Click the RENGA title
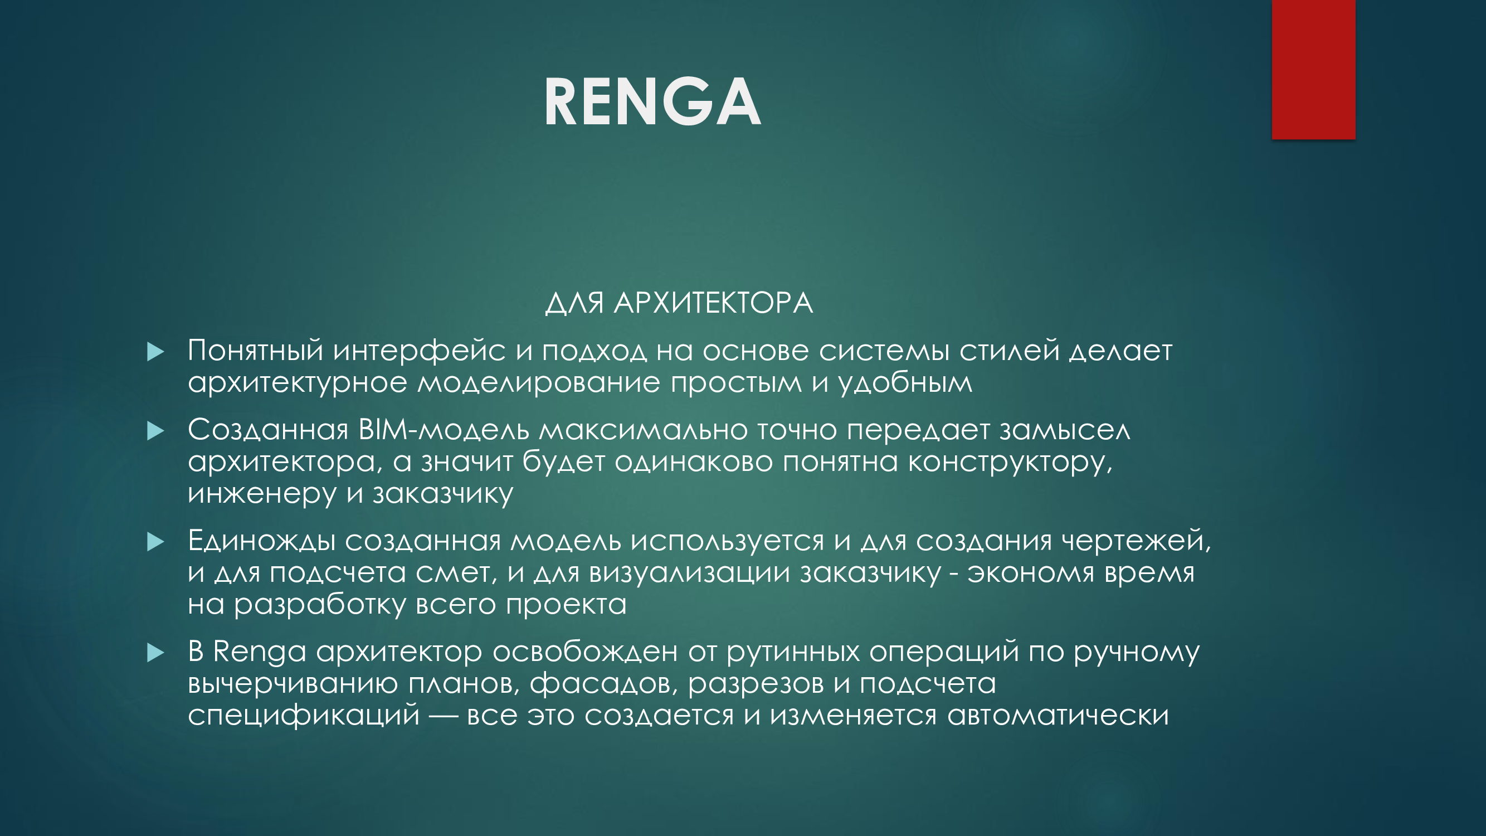(x=652, y=101)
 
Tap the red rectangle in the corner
(x=1313, y=69)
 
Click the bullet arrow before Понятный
(x=156, y=351)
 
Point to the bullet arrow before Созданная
(x=156, y=430)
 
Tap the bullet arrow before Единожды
(x=156, y=541)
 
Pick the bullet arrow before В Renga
(x=156, y=653)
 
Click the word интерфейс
(x=419, y=351)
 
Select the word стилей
(x=1010, y=351)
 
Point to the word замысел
(x=1065, y=430)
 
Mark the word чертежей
(x=1137, y=541)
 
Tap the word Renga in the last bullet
(x=260, y=653)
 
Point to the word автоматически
(x=1058, y=716)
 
